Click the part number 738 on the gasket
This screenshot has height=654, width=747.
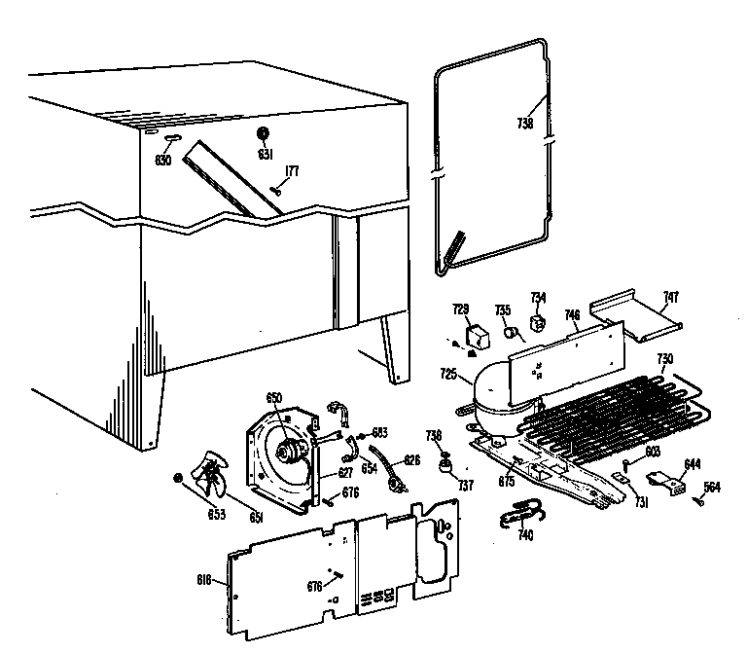tap(526, 124)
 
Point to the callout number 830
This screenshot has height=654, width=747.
tap(162, 161)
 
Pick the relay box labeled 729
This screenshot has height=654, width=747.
tap(478, 337)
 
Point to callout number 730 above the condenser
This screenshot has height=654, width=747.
tap(664, 358)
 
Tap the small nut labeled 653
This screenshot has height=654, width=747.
tap(177, 476)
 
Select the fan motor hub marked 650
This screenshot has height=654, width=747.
tap(288, 452)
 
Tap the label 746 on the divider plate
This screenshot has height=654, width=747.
tap(573, 315)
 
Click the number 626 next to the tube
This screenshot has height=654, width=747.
tap(411, 459)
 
